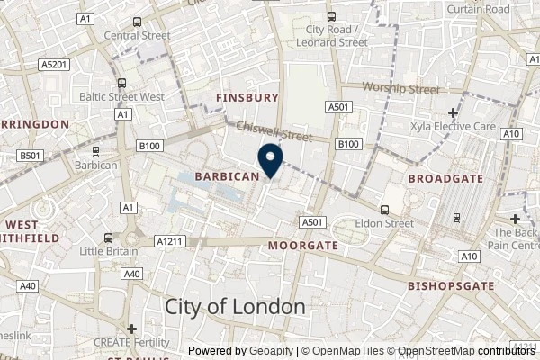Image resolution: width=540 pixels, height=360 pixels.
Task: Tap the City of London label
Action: pos(235,306)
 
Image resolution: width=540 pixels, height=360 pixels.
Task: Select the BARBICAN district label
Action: pos(228,176)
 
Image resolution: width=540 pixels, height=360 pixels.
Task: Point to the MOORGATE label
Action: pos(303,245)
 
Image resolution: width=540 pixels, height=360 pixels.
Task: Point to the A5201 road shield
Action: pos(55,65)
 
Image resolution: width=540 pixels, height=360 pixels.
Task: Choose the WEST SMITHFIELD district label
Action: pos(31,230)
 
